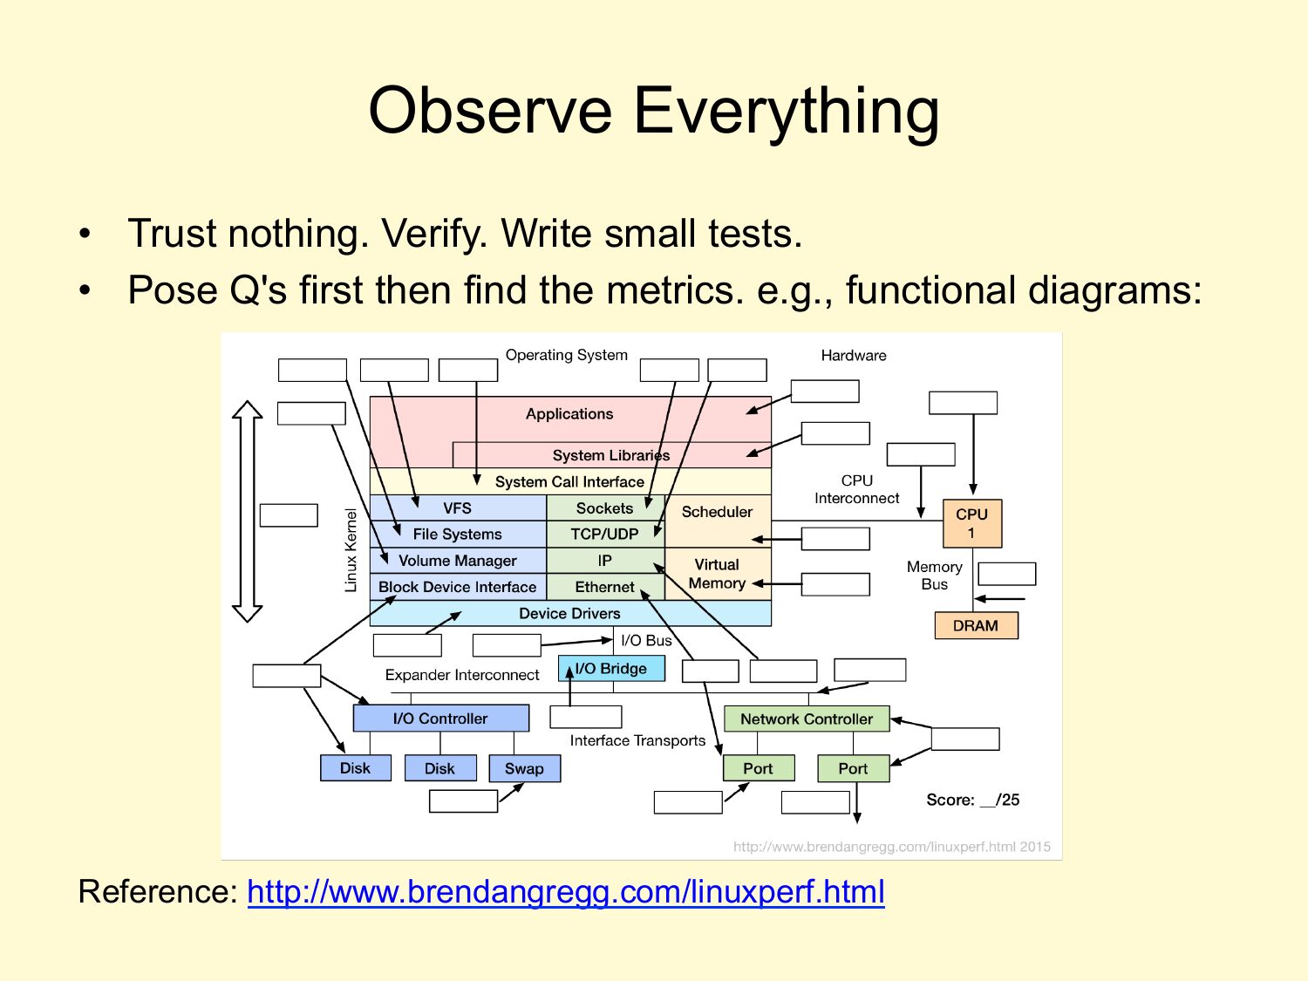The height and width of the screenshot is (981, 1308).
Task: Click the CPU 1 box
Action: tap(972, 523)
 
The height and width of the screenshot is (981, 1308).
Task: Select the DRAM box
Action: tap(976, 625)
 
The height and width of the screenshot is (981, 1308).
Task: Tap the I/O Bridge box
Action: tap(611, 668)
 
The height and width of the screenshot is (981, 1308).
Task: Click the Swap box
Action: tap(524, 768)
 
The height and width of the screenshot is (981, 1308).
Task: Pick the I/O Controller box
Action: tap(441, 719)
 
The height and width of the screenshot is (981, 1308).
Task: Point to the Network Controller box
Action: tap(807, 719)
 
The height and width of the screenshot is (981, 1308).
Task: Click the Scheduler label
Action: tap(717, 512)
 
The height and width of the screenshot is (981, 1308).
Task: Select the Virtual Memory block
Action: tap(718, 574)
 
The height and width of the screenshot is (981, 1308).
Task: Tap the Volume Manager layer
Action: tap(458, 561)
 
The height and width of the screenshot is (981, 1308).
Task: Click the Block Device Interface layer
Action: tap(458, 587)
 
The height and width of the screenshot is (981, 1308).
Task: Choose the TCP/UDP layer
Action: tap(605, 535)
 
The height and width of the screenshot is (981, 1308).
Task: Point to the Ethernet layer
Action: tap(605, 587)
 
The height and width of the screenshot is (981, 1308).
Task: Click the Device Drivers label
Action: tap(569, 614)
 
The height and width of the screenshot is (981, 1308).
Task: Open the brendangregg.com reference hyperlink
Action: tap(566, 892)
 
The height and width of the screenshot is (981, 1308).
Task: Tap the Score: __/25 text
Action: tap(972, 800)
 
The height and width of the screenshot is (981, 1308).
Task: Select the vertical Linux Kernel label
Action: tap(351, 550)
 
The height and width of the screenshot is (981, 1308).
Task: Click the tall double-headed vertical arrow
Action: tap(248, 512)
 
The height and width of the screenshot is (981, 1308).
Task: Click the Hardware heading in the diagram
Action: tap(854, 356)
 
